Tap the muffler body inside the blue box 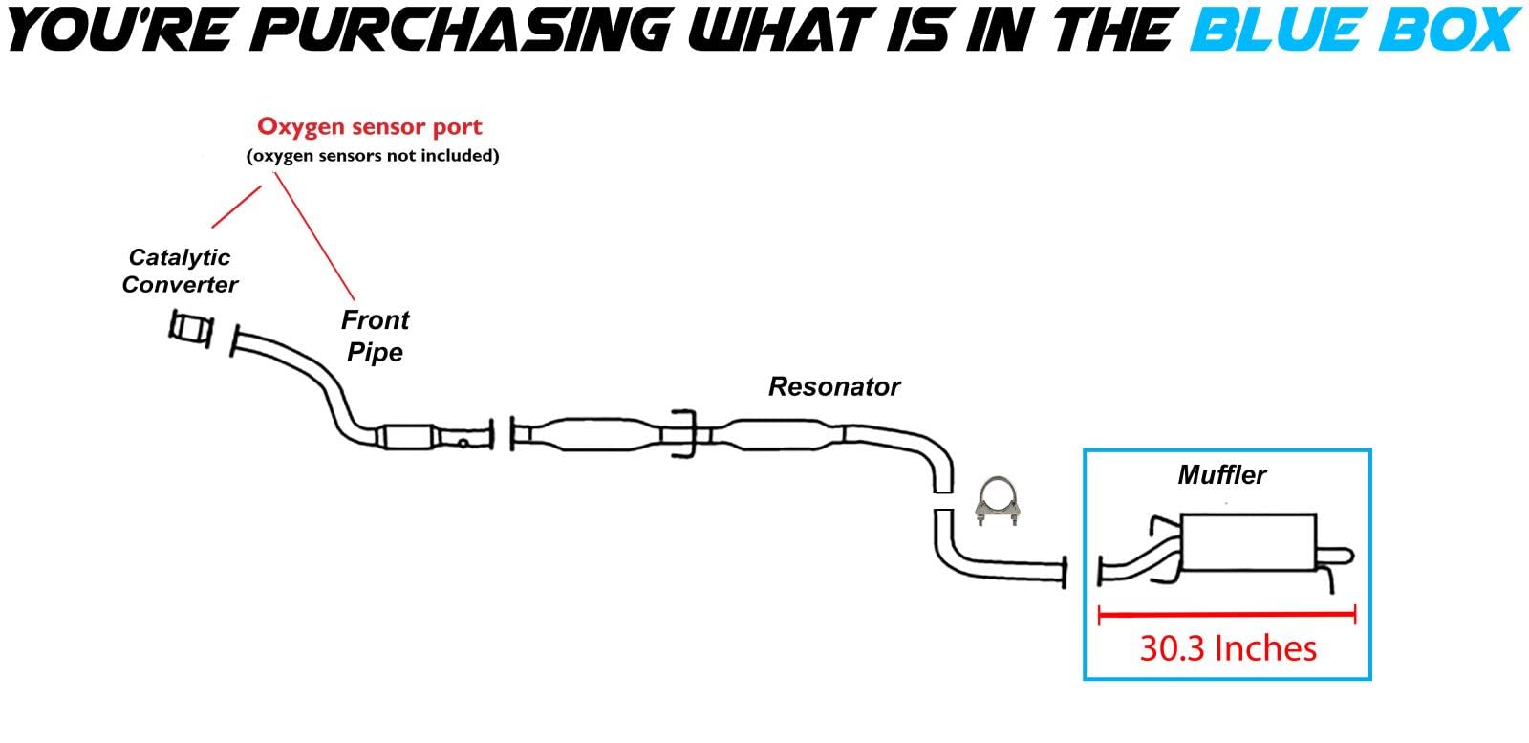[1248, 543]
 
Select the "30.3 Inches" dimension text [1228, 648]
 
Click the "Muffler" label [1221, 474]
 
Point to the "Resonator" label [834, 386]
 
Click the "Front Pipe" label [375, 336]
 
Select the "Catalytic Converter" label [180, 271]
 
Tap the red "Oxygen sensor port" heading [370, 127]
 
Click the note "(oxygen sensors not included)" [373, 155]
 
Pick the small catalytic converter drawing [190, 327]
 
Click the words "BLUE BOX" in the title [1355, 31]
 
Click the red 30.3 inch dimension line [1227, 616]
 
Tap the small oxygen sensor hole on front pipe [463, 442]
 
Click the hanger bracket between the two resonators [683, 434]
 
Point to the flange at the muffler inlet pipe [1102, 570]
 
